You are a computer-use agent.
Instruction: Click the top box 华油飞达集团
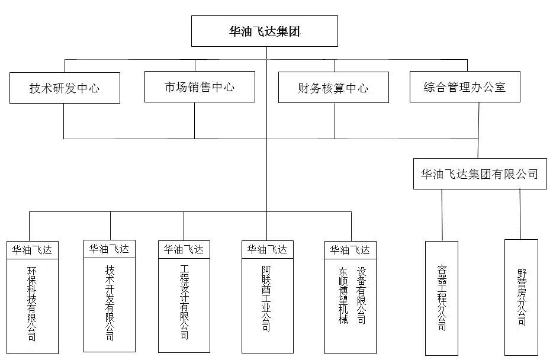(264, 31)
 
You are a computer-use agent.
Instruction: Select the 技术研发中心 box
(65, 88)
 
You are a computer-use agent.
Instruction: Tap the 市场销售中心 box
(200, 87)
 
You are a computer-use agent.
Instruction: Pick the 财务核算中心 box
(333, 88)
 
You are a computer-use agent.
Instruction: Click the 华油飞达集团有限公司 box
(480, 174)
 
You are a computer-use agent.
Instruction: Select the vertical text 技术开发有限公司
(110, 302)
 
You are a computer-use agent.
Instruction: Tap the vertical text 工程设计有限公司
(184, 302)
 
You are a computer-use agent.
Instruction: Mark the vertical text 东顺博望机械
(343, 295)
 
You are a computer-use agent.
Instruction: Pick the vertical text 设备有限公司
(361, 295)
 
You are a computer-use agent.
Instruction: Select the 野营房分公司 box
(521, 296)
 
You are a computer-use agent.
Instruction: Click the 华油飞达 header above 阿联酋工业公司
(266, 249)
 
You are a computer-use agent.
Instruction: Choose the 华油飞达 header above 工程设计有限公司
(184, 249)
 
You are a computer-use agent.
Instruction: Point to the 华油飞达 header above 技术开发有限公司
(110, 249)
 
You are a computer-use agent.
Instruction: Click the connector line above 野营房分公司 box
(520, 214)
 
